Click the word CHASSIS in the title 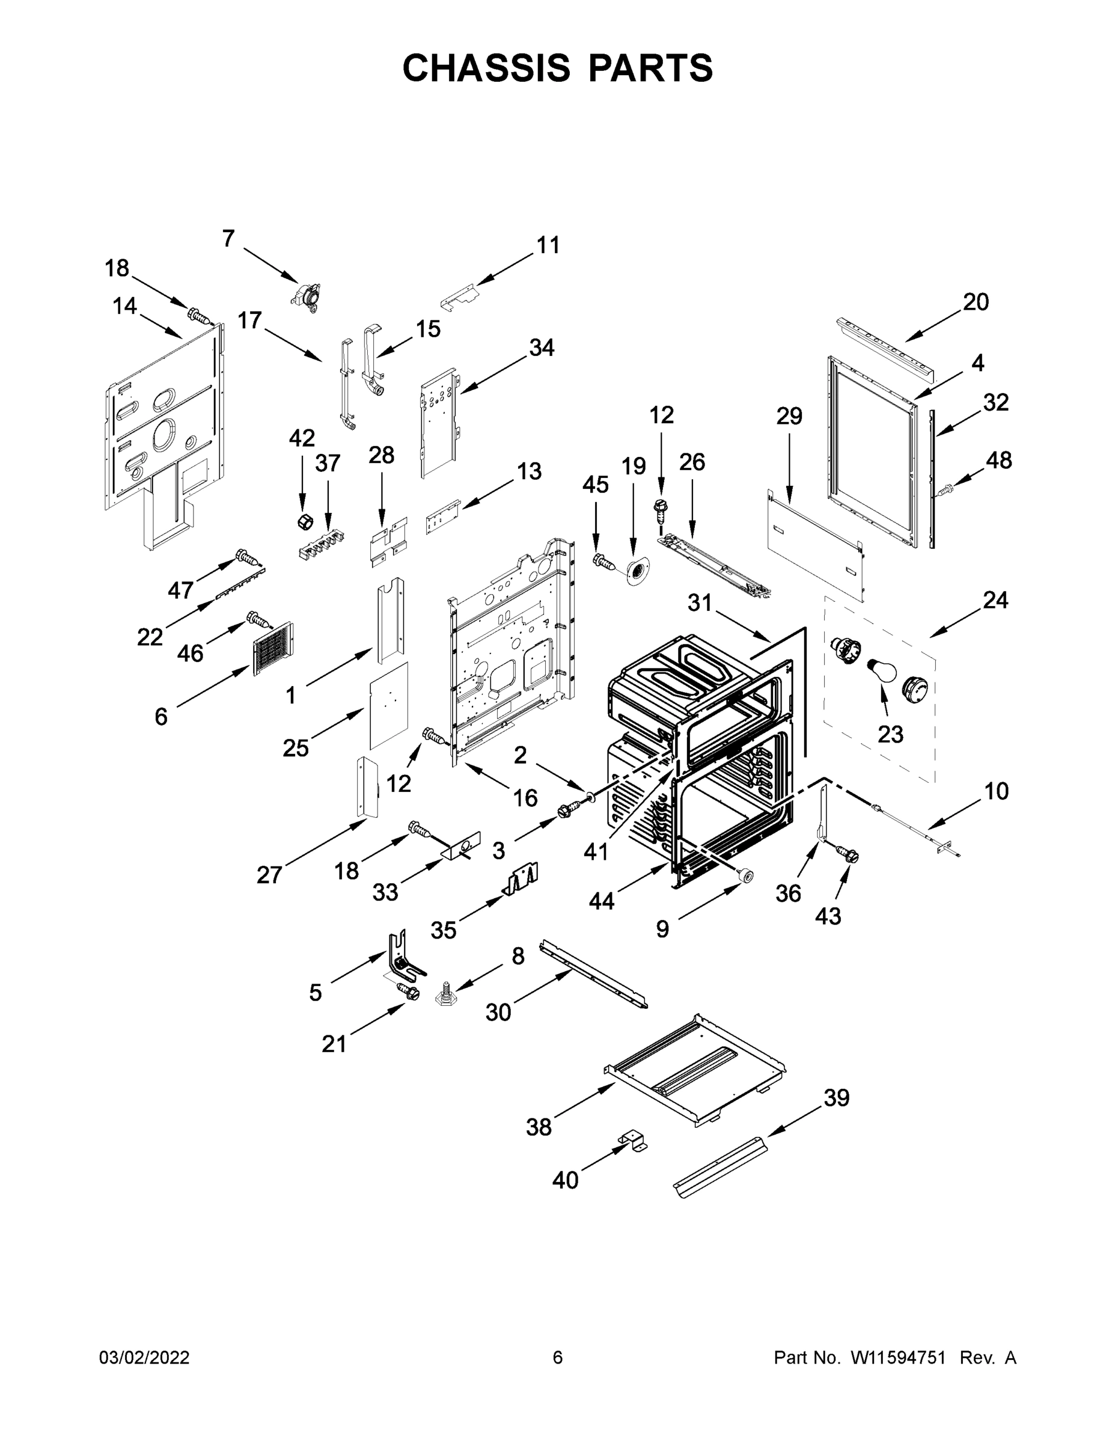pos(486,68)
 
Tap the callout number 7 pos(228,239)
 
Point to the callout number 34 pos(542,348)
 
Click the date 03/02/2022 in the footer pos(144,1358)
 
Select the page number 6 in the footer pos(558,1358)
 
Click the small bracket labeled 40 pos(633,1141)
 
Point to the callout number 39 pos(835,1097)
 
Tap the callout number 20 pos(975,302)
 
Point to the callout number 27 pos(269,875)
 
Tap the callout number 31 pos(700,602)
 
